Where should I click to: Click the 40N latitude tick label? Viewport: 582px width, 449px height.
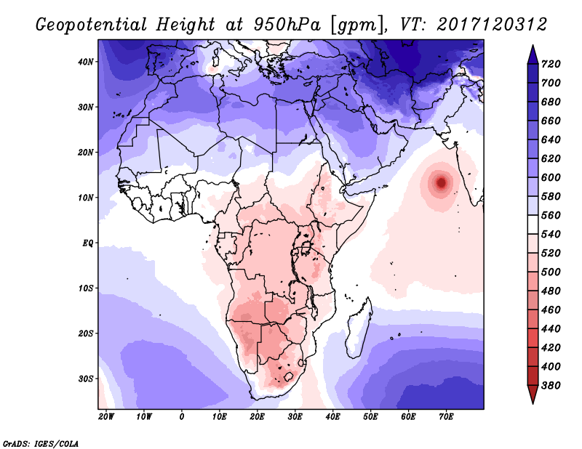[86, 62]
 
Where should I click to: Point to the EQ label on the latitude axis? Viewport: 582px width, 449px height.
[87, 243]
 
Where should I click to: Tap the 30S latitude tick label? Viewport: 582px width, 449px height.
[85, 379]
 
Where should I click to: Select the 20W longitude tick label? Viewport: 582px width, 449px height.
[106, 417]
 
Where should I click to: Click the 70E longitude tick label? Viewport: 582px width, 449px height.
[446, 417]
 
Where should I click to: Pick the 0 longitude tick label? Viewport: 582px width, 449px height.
[181, 417]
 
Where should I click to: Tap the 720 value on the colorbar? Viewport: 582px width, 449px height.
[551, 64]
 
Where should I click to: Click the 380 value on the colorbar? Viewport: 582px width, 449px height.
[551, 386]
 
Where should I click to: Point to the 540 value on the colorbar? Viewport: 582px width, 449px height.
[551, 235]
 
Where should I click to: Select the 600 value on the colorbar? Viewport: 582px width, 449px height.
[551, 177]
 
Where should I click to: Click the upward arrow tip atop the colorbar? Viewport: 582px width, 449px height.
[533, 46]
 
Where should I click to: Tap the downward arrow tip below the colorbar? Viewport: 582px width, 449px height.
[533, 403]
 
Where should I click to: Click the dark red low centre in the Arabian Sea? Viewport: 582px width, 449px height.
[441, 182]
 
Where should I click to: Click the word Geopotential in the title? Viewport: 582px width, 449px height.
[92, 25]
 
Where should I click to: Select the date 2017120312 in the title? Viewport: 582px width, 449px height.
[492, 25]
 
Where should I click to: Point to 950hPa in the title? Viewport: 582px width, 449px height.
[287, 25]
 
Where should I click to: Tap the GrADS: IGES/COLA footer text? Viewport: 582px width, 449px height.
[41, 444]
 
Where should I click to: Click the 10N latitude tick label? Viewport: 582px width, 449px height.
[86, 198]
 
